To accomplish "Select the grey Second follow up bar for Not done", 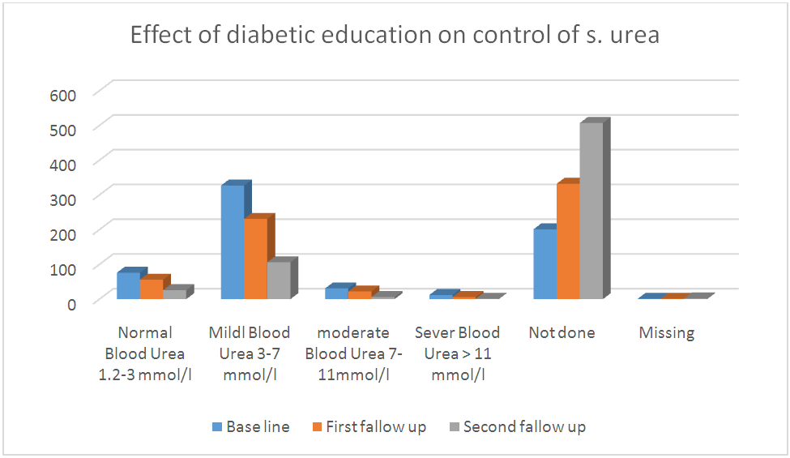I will [591, 211].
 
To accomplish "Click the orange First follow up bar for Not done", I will [567, 242].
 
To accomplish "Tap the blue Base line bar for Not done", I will [544, 264].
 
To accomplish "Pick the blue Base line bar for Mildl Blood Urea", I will [232, 242].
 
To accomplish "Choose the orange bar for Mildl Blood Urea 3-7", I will [255, 259].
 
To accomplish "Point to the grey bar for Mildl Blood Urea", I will [278, 280].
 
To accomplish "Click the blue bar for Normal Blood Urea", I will [128, 286].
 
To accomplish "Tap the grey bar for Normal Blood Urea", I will [174, 294].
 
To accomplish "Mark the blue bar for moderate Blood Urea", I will [336, 293].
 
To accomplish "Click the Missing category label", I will [666, 333].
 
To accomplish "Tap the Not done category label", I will [562, 333].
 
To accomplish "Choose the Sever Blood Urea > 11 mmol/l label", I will [457, 353].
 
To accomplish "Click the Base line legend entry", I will [250, 426].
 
